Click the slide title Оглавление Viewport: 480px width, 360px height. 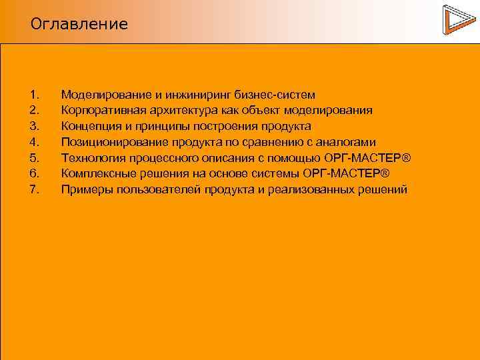79,25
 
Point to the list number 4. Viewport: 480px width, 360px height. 35,142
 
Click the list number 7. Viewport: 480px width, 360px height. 35,190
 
